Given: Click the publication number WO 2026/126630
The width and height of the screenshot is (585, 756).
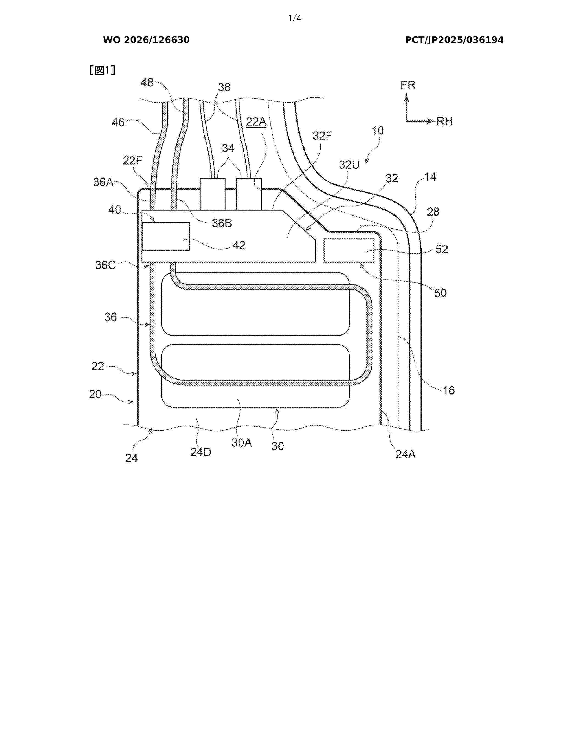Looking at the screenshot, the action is (x=146, y=40).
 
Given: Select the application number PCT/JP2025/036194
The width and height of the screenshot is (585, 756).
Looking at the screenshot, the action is (x=454, y=40).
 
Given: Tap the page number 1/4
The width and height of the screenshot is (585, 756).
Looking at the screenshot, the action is (x=295, y=18).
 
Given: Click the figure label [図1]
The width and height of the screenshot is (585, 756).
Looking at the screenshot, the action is (x=102, y=70).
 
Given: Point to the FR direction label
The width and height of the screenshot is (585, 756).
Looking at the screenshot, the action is (x=408, y=85).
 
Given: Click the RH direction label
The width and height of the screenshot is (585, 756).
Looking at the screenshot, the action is (x=445, y=121).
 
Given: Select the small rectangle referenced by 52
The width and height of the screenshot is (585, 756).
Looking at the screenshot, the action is (x=349, y=250).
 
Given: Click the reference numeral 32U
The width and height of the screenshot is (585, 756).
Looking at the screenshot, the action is (x=349, y=165).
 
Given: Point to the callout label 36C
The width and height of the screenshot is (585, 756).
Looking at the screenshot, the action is (x=105, y=265).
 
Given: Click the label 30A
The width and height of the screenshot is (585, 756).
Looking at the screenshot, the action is (x=242, y=442).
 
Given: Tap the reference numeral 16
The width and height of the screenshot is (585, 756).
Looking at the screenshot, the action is (x=448, y=390).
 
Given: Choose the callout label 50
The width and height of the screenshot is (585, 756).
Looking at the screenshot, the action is (x=440, y=293).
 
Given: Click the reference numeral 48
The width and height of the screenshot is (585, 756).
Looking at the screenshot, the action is (x=147, y=82).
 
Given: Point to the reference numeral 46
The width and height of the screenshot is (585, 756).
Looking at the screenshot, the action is (x=118, y=122).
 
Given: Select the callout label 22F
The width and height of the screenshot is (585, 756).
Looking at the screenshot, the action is (x=132, y=161).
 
